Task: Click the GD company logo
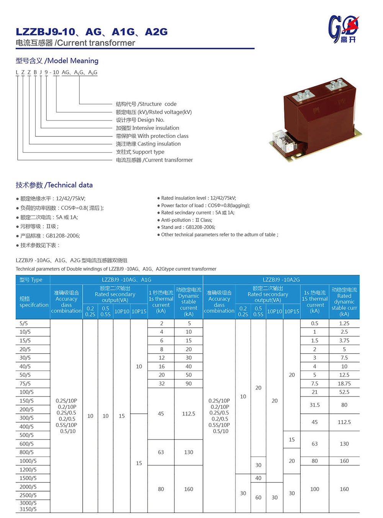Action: pos(344,29)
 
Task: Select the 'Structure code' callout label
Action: pos(146,104)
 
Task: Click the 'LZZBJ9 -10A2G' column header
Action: pos(281,280)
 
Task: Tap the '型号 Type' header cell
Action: pos(31,280)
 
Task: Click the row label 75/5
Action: pos(25,384)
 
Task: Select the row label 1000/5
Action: pos(28,461)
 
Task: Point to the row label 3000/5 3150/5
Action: pos(28,506)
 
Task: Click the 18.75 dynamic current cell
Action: pos(344,384)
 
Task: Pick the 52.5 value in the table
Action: pos(344,392)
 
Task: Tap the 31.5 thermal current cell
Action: pos(314,405)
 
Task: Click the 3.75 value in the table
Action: pos(344,341)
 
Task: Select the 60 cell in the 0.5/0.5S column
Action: pos(259,497)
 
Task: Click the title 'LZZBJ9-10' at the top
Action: pos(46,32)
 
